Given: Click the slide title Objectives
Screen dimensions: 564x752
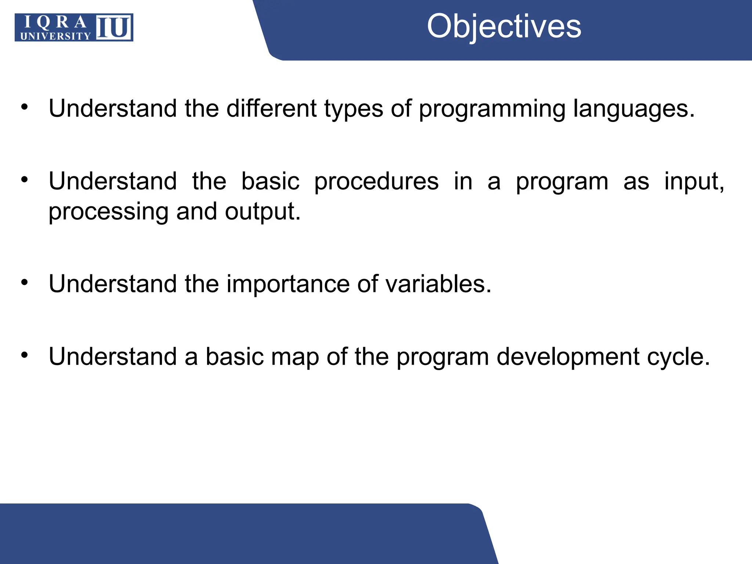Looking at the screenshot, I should [504, 26].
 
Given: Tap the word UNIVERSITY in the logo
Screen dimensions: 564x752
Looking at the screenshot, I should [55, 36].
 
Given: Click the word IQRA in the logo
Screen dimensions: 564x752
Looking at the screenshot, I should [55, 22].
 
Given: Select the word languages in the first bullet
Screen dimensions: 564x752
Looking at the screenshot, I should [634, 109].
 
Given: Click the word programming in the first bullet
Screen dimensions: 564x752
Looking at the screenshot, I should [492, 109].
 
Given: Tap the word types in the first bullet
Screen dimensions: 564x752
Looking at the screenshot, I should [353, 109].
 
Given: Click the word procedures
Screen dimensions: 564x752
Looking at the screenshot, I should [376, 181].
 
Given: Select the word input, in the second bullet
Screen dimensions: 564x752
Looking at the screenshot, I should [694, 181].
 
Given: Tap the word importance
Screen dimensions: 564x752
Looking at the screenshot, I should [288, 284].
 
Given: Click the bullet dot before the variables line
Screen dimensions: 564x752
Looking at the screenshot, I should [25, 282].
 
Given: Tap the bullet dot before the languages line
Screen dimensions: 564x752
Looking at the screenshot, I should [25, 107].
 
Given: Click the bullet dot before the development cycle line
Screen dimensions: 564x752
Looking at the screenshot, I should [25, 355].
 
